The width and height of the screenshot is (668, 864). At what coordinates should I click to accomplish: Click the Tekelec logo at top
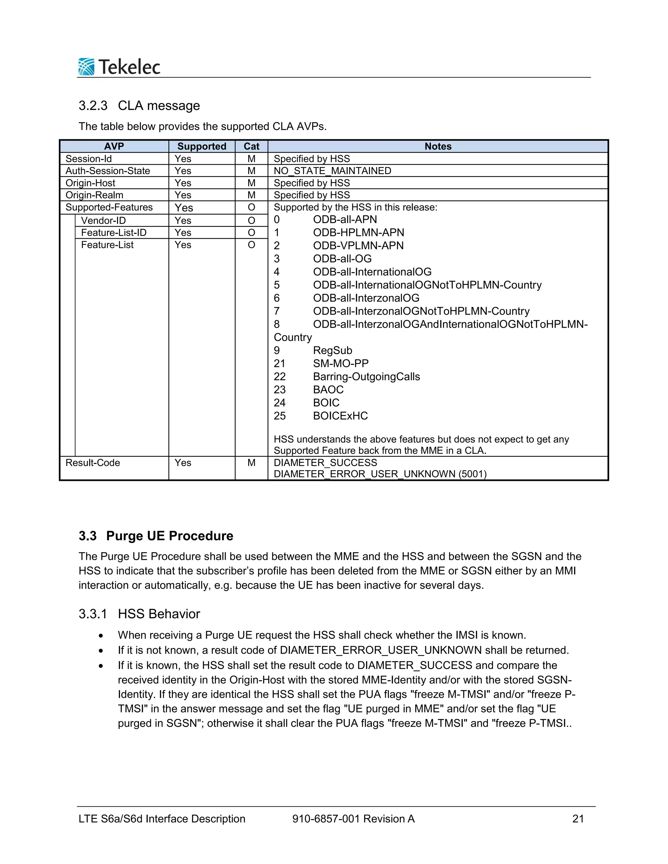(119, 67)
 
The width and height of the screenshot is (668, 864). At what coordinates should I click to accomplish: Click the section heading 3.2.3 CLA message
(139, 106)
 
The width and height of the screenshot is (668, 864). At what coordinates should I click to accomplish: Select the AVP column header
(114, 146)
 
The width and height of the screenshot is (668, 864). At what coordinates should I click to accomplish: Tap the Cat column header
(251, 146)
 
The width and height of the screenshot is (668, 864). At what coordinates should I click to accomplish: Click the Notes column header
(438, 146)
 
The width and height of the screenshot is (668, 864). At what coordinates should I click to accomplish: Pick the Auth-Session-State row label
(108, 171)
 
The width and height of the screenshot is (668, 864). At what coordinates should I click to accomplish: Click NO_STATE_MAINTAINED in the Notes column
(332, 171)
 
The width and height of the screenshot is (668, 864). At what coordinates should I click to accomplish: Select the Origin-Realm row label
(94, 195)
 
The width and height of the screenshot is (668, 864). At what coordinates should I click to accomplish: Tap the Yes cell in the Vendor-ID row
(183, 220)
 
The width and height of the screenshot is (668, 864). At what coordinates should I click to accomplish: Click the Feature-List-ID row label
(114, 232)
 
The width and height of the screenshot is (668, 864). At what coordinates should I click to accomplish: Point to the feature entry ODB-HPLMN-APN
(358, 232)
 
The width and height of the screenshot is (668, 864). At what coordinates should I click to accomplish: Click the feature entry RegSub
(332, 350)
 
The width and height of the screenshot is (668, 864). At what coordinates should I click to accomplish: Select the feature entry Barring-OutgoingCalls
(366, 377)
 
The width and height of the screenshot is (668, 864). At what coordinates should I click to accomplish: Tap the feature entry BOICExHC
(340, 416)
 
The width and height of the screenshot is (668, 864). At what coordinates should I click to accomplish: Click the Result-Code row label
(93, 463)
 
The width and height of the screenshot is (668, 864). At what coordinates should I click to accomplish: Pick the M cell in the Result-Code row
(251, 463)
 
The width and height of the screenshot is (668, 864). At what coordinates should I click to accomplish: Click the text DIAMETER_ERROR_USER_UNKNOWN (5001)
(380, 474)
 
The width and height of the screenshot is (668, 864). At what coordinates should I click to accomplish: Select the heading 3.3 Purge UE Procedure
(156, 536)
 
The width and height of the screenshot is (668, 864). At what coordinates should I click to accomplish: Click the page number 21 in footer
(578, 819)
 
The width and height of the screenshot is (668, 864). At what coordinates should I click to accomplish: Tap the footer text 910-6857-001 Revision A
(353, 819)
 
